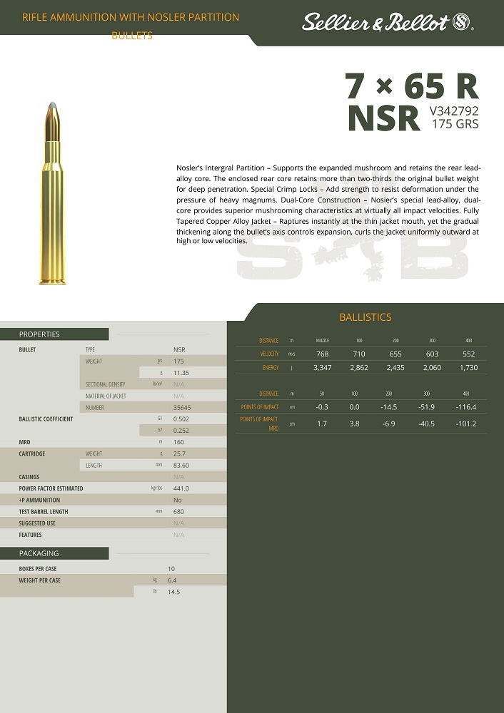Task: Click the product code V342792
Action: coord(453,111)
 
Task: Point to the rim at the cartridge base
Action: coord(56,279)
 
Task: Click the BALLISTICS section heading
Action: coord(365,317)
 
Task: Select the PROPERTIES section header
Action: coord(39,334)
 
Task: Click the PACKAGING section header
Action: coord(39,553)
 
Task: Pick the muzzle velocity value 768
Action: coord(322,354)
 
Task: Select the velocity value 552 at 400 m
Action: coord(468,354)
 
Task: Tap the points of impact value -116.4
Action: coord(466,406)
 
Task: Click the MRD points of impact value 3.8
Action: coord(354,424)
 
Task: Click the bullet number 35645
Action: coord(181,408)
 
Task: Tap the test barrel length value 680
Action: coord(178,512)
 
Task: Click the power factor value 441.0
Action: coord(181,488)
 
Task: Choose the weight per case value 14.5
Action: coord(174,592)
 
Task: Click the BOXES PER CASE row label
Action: coord(38,569)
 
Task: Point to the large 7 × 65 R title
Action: coord(411,87)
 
